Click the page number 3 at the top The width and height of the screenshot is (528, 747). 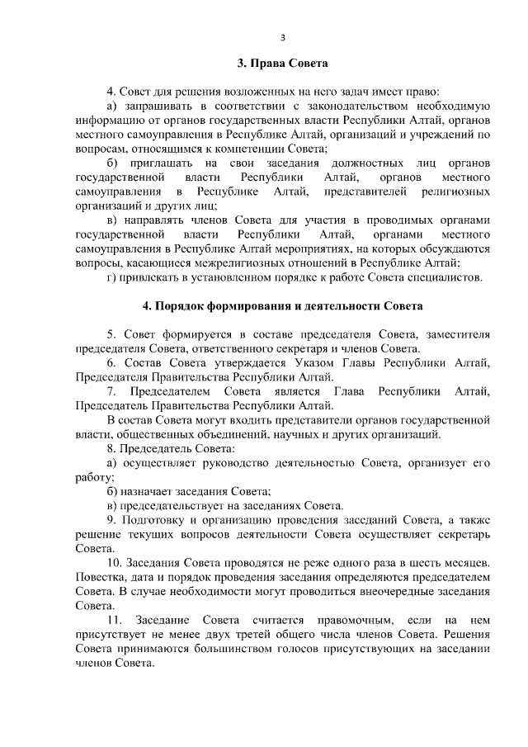(x=282, y=37)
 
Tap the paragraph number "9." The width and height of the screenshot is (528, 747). (x=112, y=519)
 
